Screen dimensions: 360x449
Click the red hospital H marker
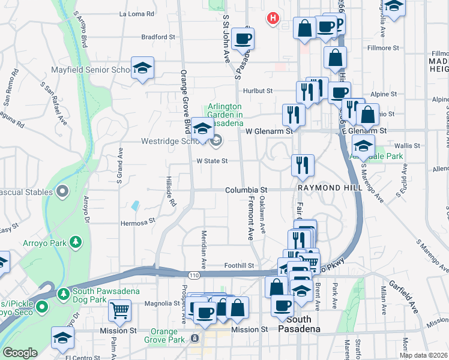(x=273, y=19)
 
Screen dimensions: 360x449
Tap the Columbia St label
(x=246, y=190)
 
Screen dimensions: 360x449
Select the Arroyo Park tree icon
(x=76, y=241)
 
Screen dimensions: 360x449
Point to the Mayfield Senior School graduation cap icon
(x=142, y=68)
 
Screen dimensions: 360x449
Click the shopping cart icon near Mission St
(x=119, y=311)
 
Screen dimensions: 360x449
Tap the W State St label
(x=212, y=161)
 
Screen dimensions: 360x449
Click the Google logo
(x=20, y=353)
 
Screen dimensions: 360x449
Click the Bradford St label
(x=158, y=37)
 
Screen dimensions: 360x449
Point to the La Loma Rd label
(x=137, y=13)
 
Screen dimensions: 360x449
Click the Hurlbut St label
(x=258, y=91)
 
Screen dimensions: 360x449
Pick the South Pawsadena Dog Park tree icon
(x=64, y=294)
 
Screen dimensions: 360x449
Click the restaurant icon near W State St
(x=303, y=165)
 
